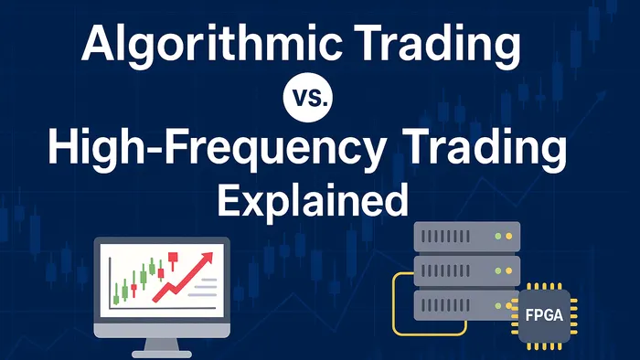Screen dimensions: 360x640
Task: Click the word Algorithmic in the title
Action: pos(188,46)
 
